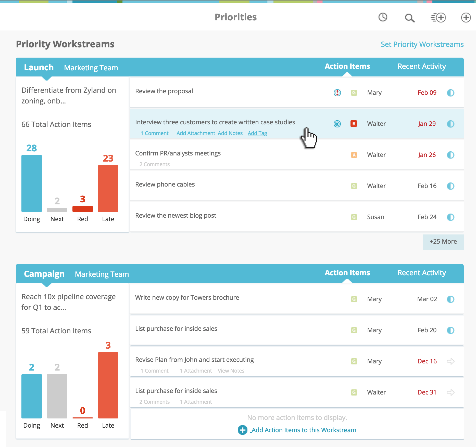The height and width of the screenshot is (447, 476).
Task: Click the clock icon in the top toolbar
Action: coord(383,17)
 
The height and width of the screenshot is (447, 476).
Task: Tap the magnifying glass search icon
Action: coord(410,18)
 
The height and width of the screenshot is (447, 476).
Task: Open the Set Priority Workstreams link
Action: coord(422,44)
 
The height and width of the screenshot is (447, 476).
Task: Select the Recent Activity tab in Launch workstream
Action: coord(421,67)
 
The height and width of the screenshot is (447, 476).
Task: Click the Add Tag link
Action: coord(257,133)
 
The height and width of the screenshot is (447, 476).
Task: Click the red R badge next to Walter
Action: coord(354,124)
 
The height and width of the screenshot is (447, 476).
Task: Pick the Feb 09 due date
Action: coord(427,93)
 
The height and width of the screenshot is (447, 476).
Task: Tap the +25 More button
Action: coord(443,242)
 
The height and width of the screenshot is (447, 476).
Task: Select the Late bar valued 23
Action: coord(108,189)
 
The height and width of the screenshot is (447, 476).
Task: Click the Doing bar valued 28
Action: coord(32,183)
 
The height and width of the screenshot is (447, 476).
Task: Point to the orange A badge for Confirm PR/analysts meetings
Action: coord(354,155)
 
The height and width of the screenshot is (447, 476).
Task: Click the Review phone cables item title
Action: coord(165,185)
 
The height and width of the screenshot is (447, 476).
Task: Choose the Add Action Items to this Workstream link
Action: coord(304,430)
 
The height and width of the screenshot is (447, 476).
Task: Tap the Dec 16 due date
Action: coord(427,361)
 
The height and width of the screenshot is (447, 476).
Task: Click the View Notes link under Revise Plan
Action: coord(231,371)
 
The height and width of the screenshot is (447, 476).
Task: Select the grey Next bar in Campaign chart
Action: coord(57,396)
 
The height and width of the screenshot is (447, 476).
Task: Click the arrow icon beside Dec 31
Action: coord(450,392)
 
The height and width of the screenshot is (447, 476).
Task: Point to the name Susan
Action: coord(375,217)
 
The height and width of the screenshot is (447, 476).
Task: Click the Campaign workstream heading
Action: coord(44,274)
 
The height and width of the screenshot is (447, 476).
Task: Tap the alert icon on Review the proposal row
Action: coord(337,93)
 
